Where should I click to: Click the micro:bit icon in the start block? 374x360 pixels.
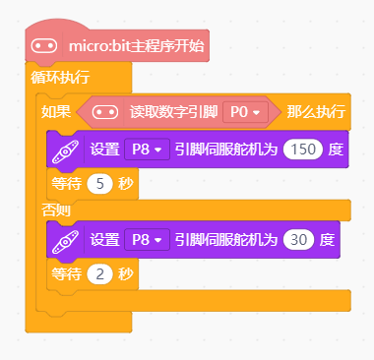click(44, 45)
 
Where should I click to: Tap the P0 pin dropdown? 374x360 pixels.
click(246, 112)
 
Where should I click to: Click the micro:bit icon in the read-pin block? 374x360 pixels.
click(105, 112)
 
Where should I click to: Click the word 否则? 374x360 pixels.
click(56, 210)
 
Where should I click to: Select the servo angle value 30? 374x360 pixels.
click(301, 239)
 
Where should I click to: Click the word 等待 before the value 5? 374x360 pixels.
click(66, 183)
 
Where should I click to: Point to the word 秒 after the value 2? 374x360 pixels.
click(124, 272)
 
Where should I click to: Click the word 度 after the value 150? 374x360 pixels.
click(336, 150)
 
